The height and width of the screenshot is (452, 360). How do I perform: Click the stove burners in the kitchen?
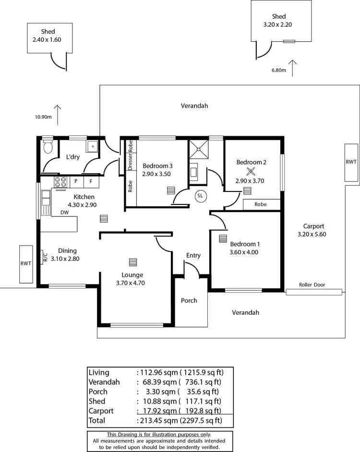(60, 182)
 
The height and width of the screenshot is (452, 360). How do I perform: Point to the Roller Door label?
(312, 285)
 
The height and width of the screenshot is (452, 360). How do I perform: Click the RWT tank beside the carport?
(351, 162)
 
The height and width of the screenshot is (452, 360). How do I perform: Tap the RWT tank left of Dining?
(25, 264)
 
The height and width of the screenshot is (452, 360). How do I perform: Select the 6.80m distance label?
(278, 71)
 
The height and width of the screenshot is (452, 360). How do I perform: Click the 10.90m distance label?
(43, 117)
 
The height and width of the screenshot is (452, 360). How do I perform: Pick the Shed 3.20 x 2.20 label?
(278, 20)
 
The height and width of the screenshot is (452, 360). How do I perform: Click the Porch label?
(189, 300)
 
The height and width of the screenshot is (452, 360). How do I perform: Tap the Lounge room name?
(132, 275)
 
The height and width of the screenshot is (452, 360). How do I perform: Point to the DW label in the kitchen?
(64, 213)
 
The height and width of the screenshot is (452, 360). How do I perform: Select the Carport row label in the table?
(101, 411)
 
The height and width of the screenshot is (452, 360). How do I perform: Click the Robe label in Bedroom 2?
(261, 204)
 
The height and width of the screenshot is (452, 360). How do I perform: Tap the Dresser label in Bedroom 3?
(130, 162)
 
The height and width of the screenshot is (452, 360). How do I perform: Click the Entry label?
(193, 255)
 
